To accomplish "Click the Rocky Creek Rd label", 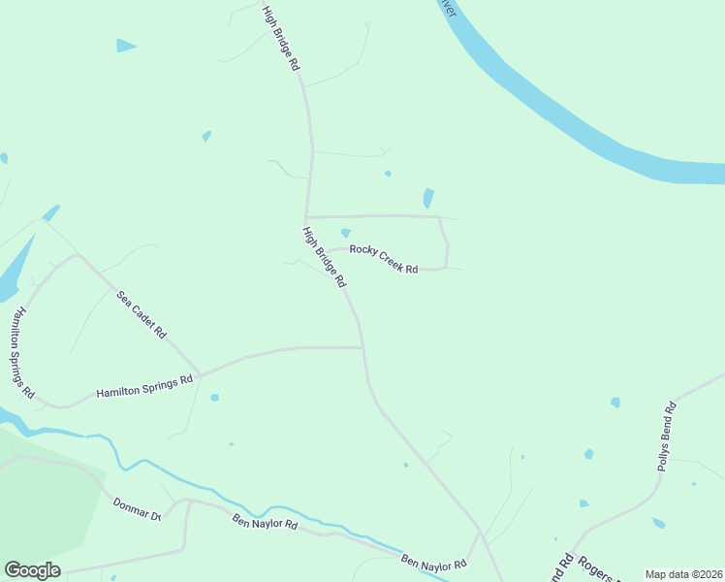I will tap(384, 259).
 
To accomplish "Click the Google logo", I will tap(32, 569).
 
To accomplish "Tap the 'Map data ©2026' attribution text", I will tap(683, 574).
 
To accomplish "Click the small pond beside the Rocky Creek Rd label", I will tap(346, 233).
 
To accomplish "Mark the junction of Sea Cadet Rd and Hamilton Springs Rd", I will tap(201, 373).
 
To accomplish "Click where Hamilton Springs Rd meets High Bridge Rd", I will tap(362, 346).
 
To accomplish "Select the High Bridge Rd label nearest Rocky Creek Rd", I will tap(324, 257).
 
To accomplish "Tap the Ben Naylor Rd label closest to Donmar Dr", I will tap(265, 524).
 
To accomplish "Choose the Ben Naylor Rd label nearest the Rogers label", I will tap(434, 564).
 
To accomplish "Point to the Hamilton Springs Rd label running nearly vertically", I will tap(21, 353).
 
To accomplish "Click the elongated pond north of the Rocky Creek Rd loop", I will tap(427, 198).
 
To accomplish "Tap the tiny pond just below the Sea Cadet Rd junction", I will tap(214, 397).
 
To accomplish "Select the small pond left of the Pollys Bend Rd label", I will tap(615, 402).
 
